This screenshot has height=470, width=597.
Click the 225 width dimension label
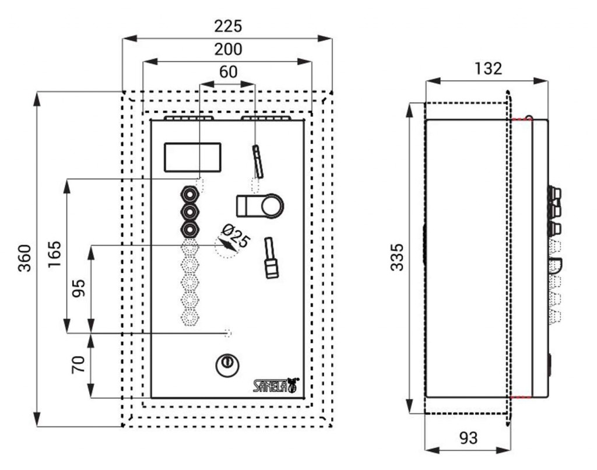click(x=227, y=27)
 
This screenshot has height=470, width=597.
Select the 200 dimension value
click(x=227, y=50)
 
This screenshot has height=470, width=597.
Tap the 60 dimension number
click(x=228, y=72)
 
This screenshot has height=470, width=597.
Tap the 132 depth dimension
click(x=487, y=69)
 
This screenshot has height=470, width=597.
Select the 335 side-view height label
click(x=397, y=257)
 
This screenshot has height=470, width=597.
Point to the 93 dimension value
click(x=468, y=438)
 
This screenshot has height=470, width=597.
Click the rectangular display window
click(x=192, y=157)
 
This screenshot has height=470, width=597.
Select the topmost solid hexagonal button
click(x=189, y=193)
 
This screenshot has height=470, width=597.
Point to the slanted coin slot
click(x=258, y=161)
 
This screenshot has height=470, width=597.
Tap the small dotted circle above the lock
click(x=228, y=333)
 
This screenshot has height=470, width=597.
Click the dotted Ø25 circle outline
click(x=224, y=248)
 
